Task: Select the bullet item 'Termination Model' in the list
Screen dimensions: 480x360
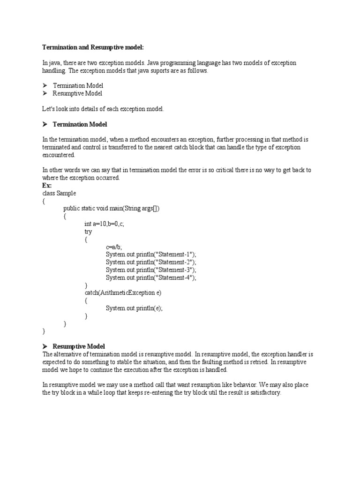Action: (x=78, y=86)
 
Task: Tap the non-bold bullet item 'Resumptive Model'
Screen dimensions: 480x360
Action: (x=77, y=93)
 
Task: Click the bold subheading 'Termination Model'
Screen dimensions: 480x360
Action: (x=80, y=124)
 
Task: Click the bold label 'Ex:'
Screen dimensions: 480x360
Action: (x=47, y=186)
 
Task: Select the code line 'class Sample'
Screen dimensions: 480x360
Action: (x=59, y=193)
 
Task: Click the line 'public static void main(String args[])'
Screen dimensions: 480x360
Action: (x=112, y=209)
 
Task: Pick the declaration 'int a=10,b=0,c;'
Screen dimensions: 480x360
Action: (x=104, y=224)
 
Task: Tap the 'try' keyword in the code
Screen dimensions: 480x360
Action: (x=88, y=232)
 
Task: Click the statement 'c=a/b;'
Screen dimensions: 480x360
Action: (x=114, y=247)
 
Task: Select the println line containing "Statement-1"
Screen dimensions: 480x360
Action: (x=151, y=255)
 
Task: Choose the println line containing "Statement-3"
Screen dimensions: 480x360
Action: (x=151, y=270)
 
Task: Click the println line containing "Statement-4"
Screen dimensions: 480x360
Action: (x=151, y=277)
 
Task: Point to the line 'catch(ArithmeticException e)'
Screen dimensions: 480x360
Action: (x=123, y=293)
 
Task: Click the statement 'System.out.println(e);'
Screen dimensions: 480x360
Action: (x=134, y=308)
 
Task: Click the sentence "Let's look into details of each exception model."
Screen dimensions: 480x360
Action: (x=103, y=109)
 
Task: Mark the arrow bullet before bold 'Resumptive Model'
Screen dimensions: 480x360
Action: (x=45, y=346)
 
